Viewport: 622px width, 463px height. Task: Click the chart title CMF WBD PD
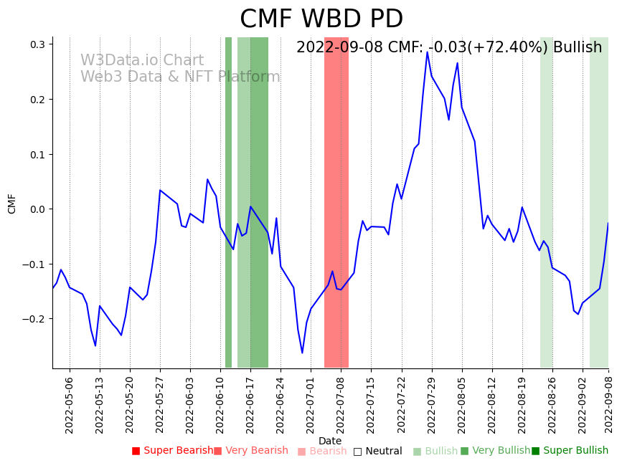(x=321, y=19)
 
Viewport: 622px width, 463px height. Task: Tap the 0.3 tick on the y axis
(x=37, y=44)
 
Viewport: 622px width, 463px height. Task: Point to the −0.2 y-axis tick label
(x=33, y=319)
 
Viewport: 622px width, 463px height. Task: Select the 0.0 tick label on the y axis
(x=37, y=209)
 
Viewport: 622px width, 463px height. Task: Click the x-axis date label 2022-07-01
(x=311, y=405)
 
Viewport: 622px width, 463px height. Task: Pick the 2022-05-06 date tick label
(x=70, y=405)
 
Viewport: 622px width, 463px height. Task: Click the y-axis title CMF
(x=12, y=204)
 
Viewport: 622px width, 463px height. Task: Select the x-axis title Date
(x=330, y=441)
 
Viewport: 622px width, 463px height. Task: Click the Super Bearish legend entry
(x=173, y=451)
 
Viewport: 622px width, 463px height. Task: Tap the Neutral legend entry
(x=378, y=452)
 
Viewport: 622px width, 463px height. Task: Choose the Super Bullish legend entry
(x=570, y=451)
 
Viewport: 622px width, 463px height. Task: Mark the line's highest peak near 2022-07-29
(x=427, y=52)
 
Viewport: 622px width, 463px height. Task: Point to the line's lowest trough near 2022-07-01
(x=302, y=353)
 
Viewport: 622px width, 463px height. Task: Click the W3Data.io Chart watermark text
(x=142, y=61)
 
